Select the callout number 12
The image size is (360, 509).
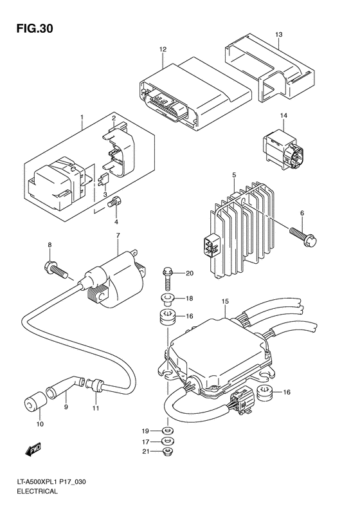point(163,50)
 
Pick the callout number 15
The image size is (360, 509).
point(225,301)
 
